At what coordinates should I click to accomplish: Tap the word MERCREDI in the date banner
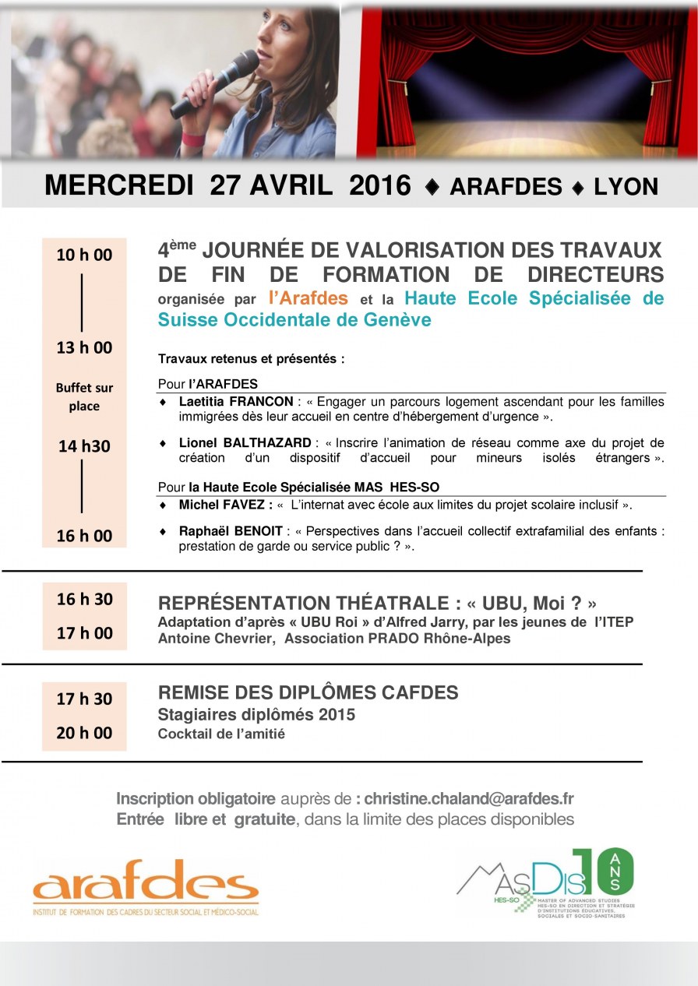click(x=118, y=186)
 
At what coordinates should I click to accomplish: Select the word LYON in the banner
click(x=626, y=187)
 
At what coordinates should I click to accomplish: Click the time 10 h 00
click(x=84, y=255)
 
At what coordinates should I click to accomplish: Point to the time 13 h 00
click(x=84, y=347)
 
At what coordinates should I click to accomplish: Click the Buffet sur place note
click(x=84, y=396)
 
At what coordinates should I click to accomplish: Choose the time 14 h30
click(x=84, y=446)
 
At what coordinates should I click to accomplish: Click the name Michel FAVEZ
click(x=224, y=505)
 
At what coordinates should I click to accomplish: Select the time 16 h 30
click(x=84, y=599)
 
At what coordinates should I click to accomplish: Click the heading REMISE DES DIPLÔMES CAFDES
click(x=308, y=692)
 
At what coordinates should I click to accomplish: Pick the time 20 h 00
click(x=84, y=733)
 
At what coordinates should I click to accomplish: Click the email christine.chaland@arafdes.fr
click(x=469, y=798)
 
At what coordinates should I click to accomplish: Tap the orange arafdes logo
click(x=146, y=884)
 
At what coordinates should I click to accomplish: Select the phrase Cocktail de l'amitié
click(x=221, y=733)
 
